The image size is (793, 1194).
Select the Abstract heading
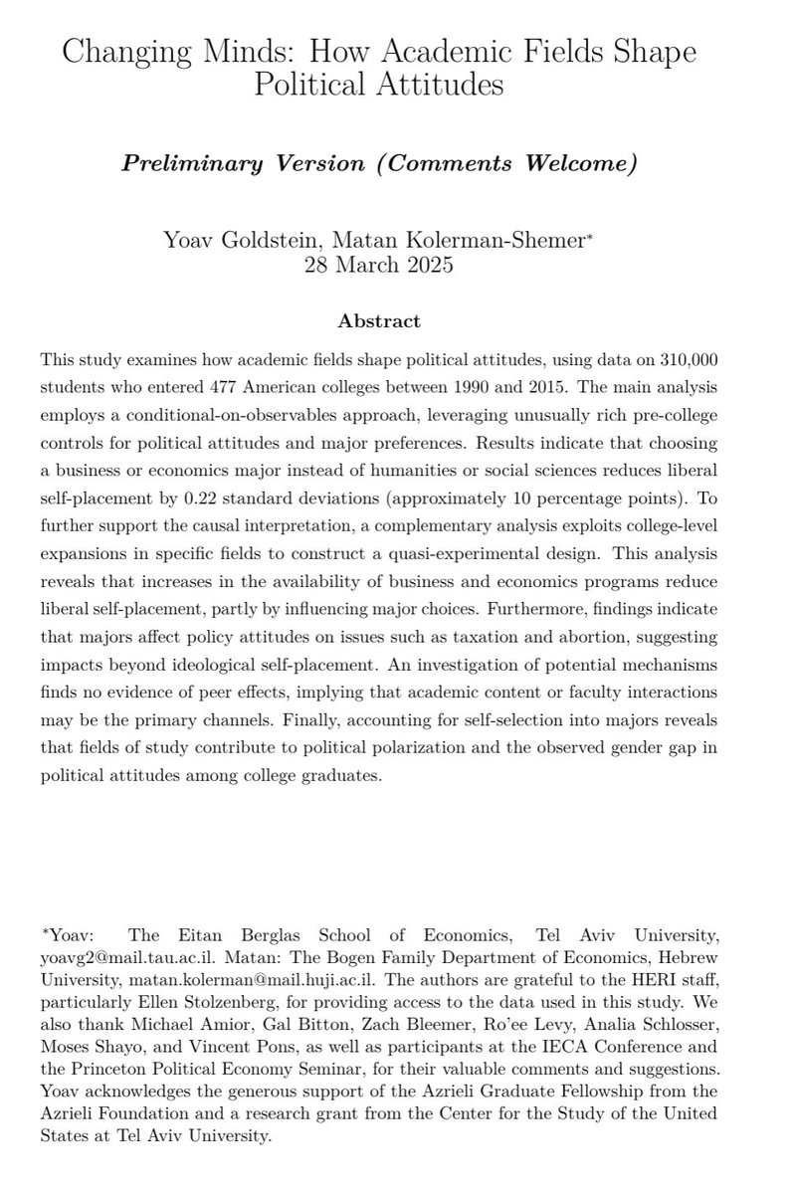(379, 321)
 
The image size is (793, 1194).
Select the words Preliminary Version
(226, 164)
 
